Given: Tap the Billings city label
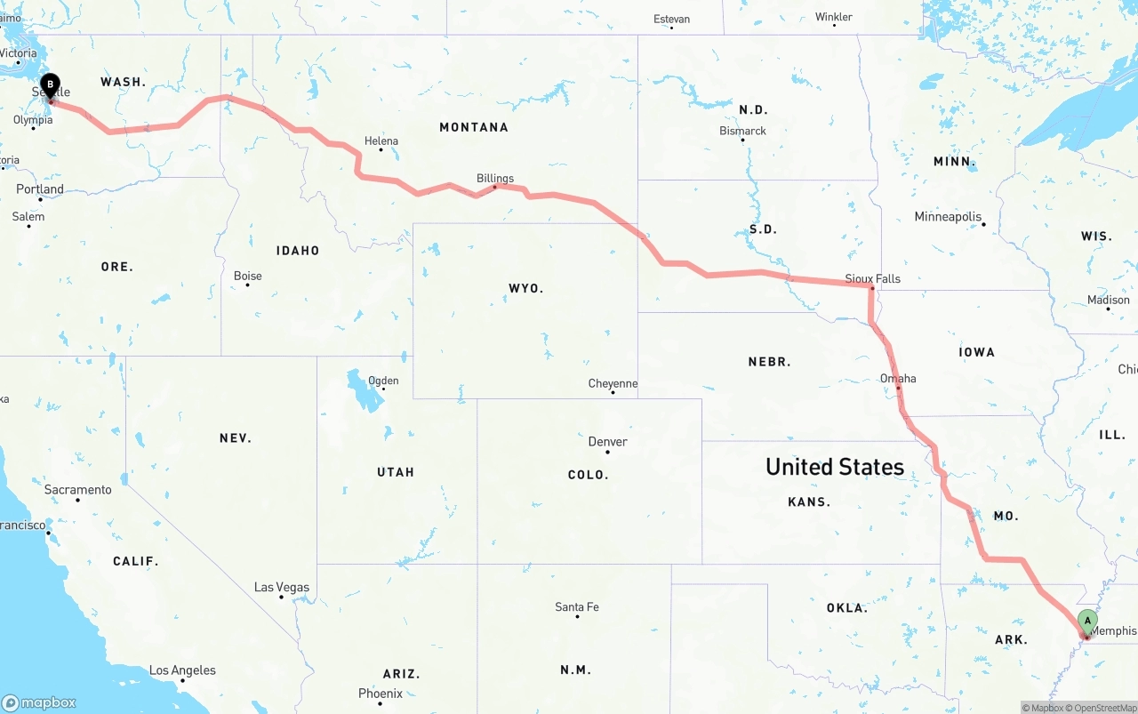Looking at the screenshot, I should (495, 179).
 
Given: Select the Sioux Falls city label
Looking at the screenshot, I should (872, 278).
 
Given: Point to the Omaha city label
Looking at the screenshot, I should (898, 379).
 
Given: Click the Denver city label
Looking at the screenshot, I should (608, 442).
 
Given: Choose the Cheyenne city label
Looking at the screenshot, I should (613, 384).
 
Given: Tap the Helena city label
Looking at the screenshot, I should (381, 141).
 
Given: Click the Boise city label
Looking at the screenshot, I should (248, 277).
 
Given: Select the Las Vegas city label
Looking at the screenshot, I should (282, 588).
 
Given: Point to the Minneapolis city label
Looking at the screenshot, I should (948, 217).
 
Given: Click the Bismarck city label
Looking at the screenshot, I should (742, 132).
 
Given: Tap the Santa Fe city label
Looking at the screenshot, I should (577, 607).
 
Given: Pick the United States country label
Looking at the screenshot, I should (834, 467).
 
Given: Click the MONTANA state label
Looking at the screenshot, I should (474, 128).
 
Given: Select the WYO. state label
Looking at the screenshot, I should (525, 289).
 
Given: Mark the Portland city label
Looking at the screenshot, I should (40, 189).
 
